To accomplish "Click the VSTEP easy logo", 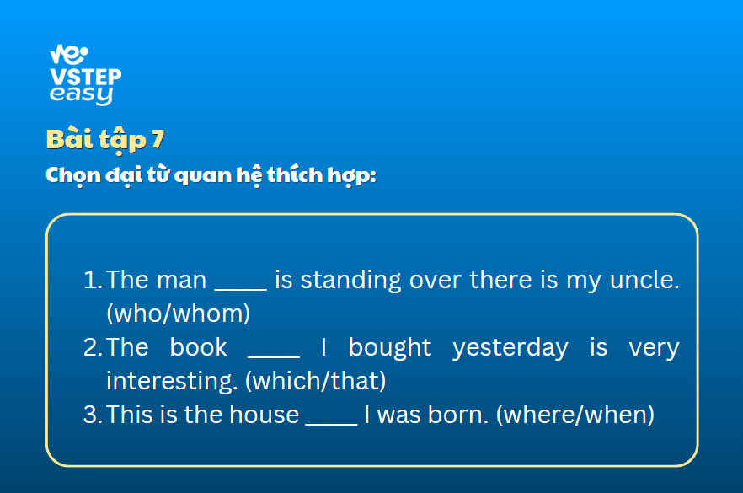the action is (85, 74).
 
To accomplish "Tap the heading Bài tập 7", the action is (105, 140).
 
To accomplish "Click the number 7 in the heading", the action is (158, 139).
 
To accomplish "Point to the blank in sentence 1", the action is (241, 288).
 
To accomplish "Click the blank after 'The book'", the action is (274, 356).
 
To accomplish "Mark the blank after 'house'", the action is (332, 423).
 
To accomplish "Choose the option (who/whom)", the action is (179, 313).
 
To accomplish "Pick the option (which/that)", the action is (316, 381).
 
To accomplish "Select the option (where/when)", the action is (575, 415).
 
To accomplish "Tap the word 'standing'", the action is (351, 281).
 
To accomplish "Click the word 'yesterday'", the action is (510, 348).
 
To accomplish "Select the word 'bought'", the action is (390, 347).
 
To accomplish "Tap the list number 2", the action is (93, 347).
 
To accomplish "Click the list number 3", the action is (93, 415).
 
